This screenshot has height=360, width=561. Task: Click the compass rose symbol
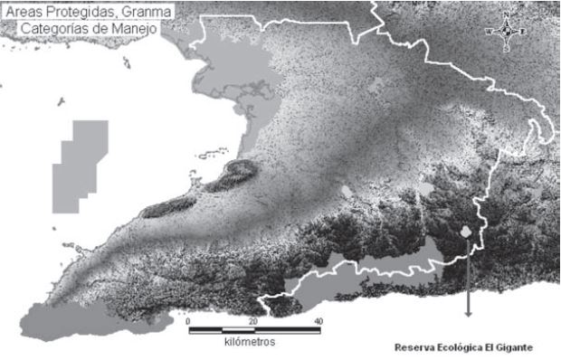(x=507, y=31)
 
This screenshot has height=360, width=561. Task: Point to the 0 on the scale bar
(x=188, y=322)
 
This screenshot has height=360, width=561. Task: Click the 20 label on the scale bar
(x=252, y=322)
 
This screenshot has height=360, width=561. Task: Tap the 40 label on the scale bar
(x=318, y=322)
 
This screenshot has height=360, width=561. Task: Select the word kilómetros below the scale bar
(x=249, y=343)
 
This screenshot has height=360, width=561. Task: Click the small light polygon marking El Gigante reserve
(x=466, y=232)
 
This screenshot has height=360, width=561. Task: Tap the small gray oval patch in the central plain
(x=347, y=192)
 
